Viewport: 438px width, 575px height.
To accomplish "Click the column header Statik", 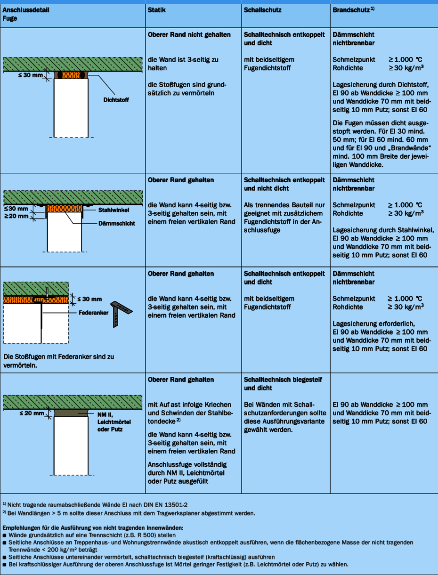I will pyautogui.click(x=156, y=10).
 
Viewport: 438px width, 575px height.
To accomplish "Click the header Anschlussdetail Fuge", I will pyautogui.click(x=25, y=14).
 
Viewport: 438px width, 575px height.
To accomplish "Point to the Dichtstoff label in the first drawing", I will pyautogui.click(x=116, y=100).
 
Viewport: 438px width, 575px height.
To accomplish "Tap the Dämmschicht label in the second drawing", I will pyautogui.click(x=117, y=223).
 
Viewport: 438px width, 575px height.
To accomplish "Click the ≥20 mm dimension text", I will pyautogui.click(x=16, y=216).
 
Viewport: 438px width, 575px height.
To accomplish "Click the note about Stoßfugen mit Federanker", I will pyautogui.click(x=58, y=361).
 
